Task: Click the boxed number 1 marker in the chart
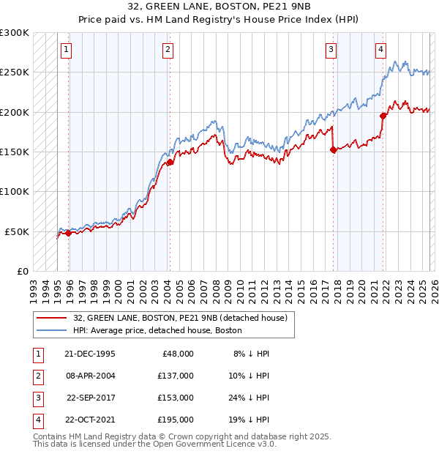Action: point(66,50)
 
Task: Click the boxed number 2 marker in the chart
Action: point(168,50)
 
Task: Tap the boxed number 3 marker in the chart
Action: point(331,50)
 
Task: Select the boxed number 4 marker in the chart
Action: point(380,50)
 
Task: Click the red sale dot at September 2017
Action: point(333,150)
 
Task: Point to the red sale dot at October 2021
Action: point(383,116)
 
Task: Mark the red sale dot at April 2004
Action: point(170,163)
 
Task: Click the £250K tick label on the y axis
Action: point(15,72)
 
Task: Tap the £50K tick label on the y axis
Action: point(18,231)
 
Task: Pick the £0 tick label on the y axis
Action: point(23,271)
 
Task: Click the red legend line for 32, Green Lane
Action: point(52,319)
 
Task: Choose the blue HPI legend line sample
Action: point(52,331)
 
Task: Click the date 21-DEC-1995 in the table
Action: point(91,354)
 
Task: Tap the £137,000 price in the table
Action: point(176,376)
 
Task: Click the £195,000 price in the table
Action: point(176,420)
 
